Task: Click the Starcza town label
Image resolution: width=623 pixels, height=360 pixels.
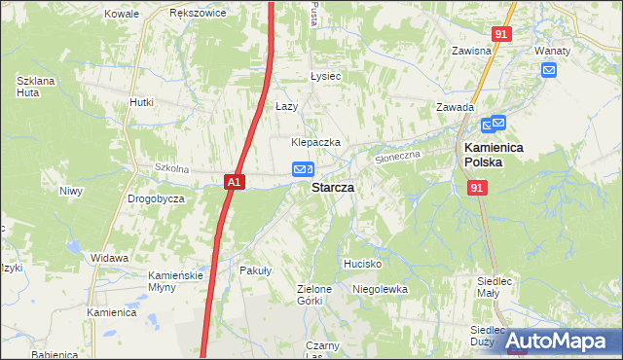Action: pos(332,187)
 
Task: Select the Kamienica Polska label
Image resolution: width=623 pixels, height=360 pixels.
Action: pos(494,155)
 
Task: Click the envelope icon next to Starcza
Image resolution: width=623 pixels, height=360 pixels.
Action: pos(303,170)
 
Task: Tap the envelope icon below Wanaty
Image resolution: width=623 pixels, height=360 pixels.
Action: pos(549,69)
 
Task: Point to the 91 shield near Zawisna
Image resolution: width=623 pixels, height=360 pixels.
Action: pos(500,34)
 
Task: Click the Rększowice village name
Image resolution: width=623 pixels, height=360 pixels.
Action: pos(198,14)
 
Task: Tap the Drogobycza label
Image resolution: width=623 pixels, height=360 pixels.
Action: pos(156,198)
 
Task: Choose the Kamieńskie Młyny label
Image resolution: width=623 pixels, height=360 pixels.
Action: pos(175,281)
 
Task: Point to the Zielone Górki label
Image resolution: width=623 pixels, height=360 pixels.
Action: pos(314,295)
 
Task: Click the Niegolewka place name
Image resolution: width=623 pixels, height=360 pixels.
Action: pos(380,289)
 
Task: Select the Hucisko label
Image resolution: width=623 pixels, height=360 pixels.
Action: pos(362,264)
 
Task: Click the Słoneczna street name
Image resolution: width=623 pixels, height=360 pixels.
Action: pos(397,156)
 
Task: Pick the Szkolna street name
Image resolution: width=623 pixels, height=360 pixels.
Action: pos(170,168)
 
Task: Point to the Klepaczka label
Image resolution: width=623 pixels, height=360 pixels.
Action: pos(315,142)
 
